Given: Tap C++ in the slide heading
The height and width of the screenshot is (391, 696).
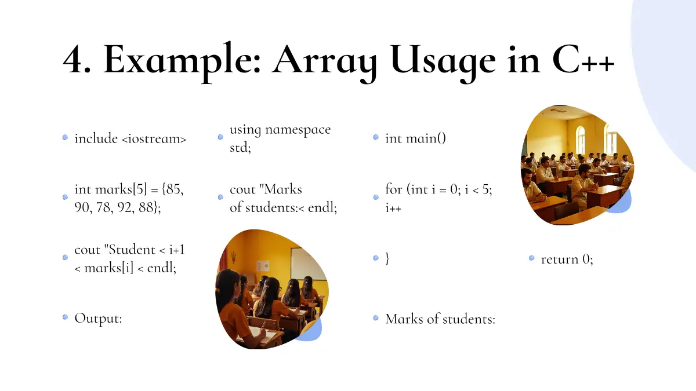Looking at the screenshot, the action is click(x=583, y=60).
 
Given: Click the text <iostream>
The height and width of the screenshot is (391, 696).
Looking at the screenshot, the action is click(x=154, y=138).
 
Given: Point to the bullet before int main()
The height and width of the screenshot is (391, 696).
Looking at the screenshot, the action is click(x=376, y=137).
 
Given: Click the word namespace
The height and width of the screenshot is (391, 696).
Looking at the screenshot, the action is click(x=298, y=130).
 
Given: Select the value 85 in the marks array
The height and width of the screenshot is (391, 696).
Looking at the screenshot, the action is click(x=175, y=189).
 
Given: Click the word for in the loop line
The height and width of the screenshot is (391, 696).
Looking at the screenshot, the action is click(x=394, y=189).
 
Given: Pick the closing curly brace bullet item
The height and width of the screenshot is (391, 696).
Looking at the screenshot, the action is click(x=387, y=258).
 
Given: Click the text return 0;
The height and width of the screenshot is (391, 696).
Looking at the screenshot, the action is click(x=567, y=259).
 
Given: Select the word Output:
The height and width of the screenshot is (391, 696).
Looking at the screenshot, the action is click(x=98, y=319).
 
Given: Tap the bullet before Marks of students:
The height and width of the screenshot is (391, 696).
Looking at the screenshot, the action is click(x=376, y=318).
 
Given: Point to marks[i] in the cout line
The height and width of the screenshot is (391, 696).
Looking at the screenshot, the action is click(x=109, y=268).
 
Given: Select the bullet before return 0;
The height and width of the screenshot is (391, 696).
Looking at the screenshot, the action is click(x=532, y=258).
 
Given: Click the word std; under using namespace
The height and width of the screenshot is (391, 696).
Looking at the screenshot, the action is click(x=240, y=147).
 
